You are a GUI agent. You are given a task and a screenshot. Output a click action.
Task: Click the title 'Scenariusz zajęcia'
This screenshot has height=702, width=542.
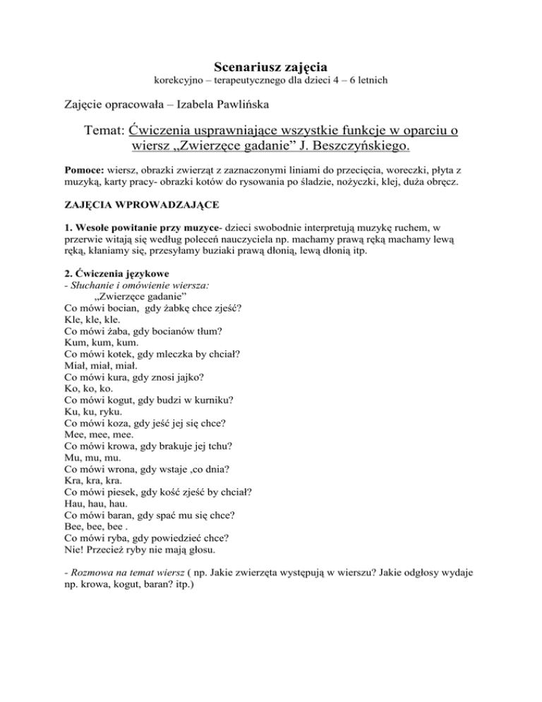click(270, 68)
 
